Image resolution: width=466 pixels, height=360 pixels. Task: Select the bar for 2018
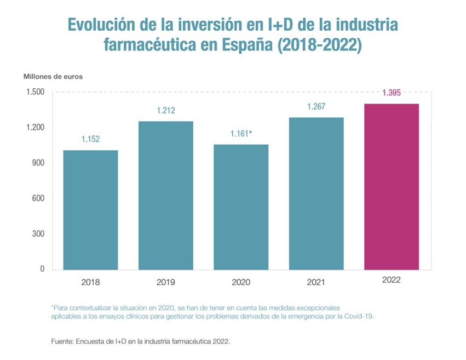[x=90, y=210]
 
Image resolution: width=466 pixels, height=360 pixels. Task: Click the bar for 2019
[x=165, y=196]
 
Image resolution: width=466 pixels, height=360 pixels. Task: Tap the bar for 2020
[x=241, y=207]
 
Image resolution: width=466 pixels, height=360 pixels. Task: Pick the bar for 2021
[x=317, y=193]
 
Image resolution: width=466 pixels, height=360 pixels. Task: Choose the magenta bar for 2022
[x=392, y=187]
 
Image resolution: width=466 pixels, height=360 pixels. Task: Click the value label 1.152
[x=90, y=140]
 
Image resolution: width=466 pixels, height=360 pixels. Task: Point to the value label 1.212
[x=165, y=111]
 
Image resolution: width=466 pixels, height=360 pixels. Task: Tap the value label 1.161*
[x=241, y=133]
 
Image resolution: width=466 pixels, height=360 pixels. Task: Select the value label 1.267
[x=317, y=107]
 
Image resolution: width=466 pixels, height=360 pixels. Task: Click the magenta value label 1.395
[x=392, y=93]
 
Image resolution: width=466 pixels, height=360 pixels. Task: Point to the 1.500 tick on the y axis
[x=34, y=92]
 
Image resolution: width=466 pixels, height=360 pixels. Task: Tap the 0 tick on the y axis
[x=42, y=269]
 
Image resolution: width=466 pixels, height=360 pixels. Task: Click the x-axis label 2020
[x=241, y=283]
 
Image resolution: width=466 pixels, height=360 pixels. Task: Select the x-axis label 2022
[x=392, y=279]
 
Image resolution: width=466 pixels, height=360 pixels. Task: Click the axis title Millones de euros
[x=53, y=77]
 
